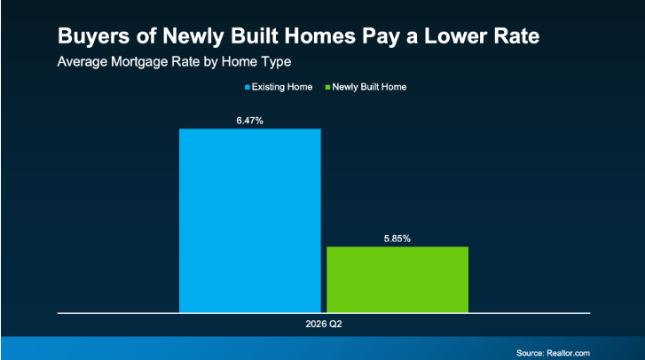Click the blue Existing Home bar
pyautogui.click(x=249, y=221)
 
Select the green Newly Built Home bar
pyautogui.click(x=397, y=279)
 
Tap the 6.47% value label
pyautogui.click(x=249, y=121)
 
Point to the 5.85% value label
pyautogui.click(x=397, y=239)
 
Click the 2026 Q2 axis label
pyautogui.click(x=324, y=324)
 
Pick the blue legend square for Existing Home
pyautogui.click(x=248, y=87)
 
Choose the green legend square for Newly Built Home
pyautogui.click(x=328, y=87)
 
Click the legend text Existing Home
pyautogui.click(x=282, y=87)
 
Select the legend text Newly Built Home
pyautogui.click(x=369, y=87)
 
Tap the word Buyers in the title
pyautogui.click(x=94, y=36)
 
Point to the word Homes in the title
pyautogui.click(x=320, y=35)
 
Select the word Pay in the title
pyautogui.click(x=381, y=37)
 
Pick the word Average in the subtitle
pyautogui.click(x=83, y=62)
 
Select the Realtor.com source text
pyautogui.click(x=568, y=353)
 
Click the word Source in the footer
pyautogui.click(x=531, y=353)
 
